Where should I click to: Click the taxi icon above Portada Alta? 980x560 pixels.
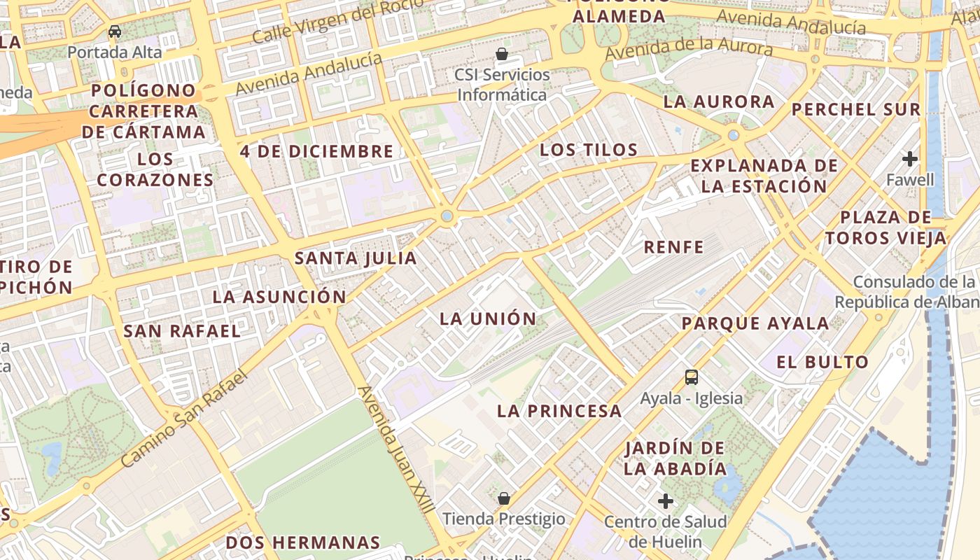(115, 31)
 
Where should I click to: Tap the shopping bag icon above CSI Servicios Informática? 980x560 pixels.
(502, 54)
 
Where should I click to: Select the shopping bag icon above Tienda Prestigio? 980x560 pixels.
(503, 498)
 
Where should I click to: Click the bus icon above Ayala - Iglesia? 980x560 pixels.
(692, 377)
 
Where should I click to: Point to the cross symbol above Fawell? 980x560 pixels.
(910, 159)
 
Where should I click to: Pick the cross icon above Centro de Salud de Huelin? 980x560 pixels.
(666, 501)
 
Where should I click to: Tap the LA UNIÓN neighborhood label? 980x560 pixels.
(488, 318)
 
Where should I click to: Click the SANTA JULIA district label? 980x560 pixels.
(356, 258)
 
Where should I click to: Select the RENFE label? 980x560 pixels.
(673, 247)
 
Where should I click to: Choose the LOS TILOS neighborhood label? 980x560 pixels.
(589, 150)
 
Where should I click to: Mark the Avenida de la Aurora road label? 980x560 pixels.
(689, 49)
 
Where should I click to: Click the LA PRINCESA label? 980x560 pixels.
(559, 411)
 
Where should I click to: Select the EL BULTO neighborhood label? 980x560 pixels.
(822, 362)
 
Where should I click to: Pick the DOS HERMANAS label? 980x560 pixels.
(302, 542)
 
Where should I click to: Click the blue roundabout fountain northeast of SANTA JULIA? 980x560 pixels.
(447, 216)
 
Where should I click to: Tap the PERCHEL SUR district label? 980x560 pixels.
(855, 110)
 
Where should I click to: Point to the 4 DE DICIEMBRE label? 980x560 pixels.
(316, 151)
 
